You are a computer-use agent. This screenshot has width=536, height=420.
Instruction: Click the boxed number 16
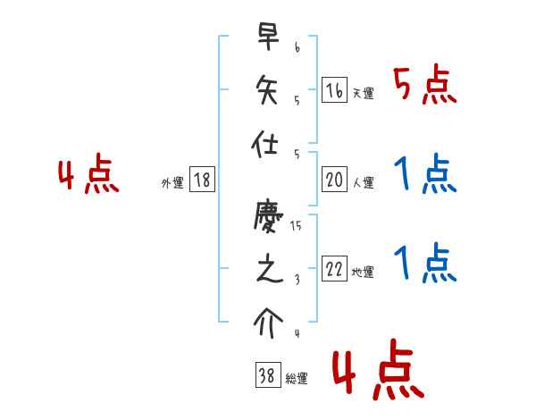(334, 89)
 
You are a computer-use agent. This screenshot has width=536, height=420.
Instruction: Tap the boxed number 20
(334, 181)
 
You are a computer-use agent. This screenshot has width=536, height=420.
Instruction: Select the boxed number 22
(334, 270)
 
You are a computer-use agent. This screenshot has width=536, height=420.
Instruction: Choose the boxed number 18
(202, 181)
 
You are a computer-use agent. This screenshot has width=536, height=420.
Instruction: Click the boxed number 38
(266, 377)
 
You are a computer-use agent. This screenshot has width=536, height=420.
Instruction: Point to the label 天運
(363, 93)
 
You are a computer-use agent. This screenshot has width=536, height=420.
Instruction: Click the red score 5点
(425, 86)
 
